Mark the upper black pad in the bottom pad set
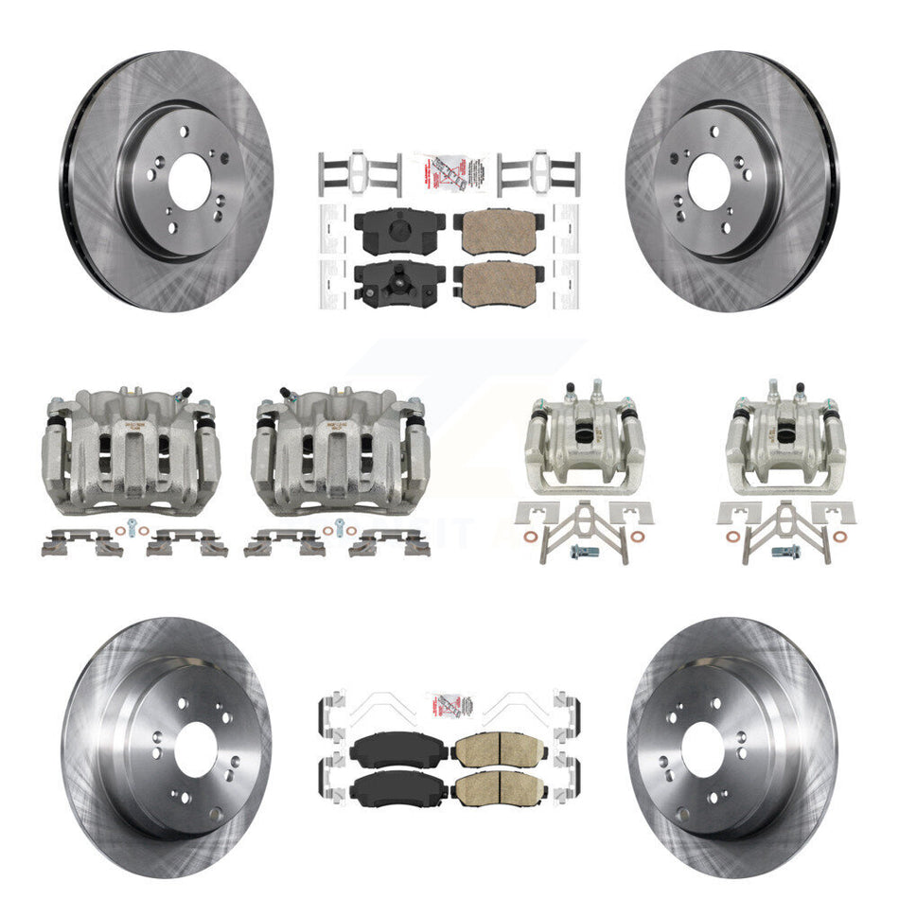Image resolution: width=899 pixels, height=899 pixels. [x=393, y=752]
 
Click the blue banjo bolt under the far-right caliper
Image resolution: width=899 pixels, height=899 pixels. [x=784, y=551]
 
